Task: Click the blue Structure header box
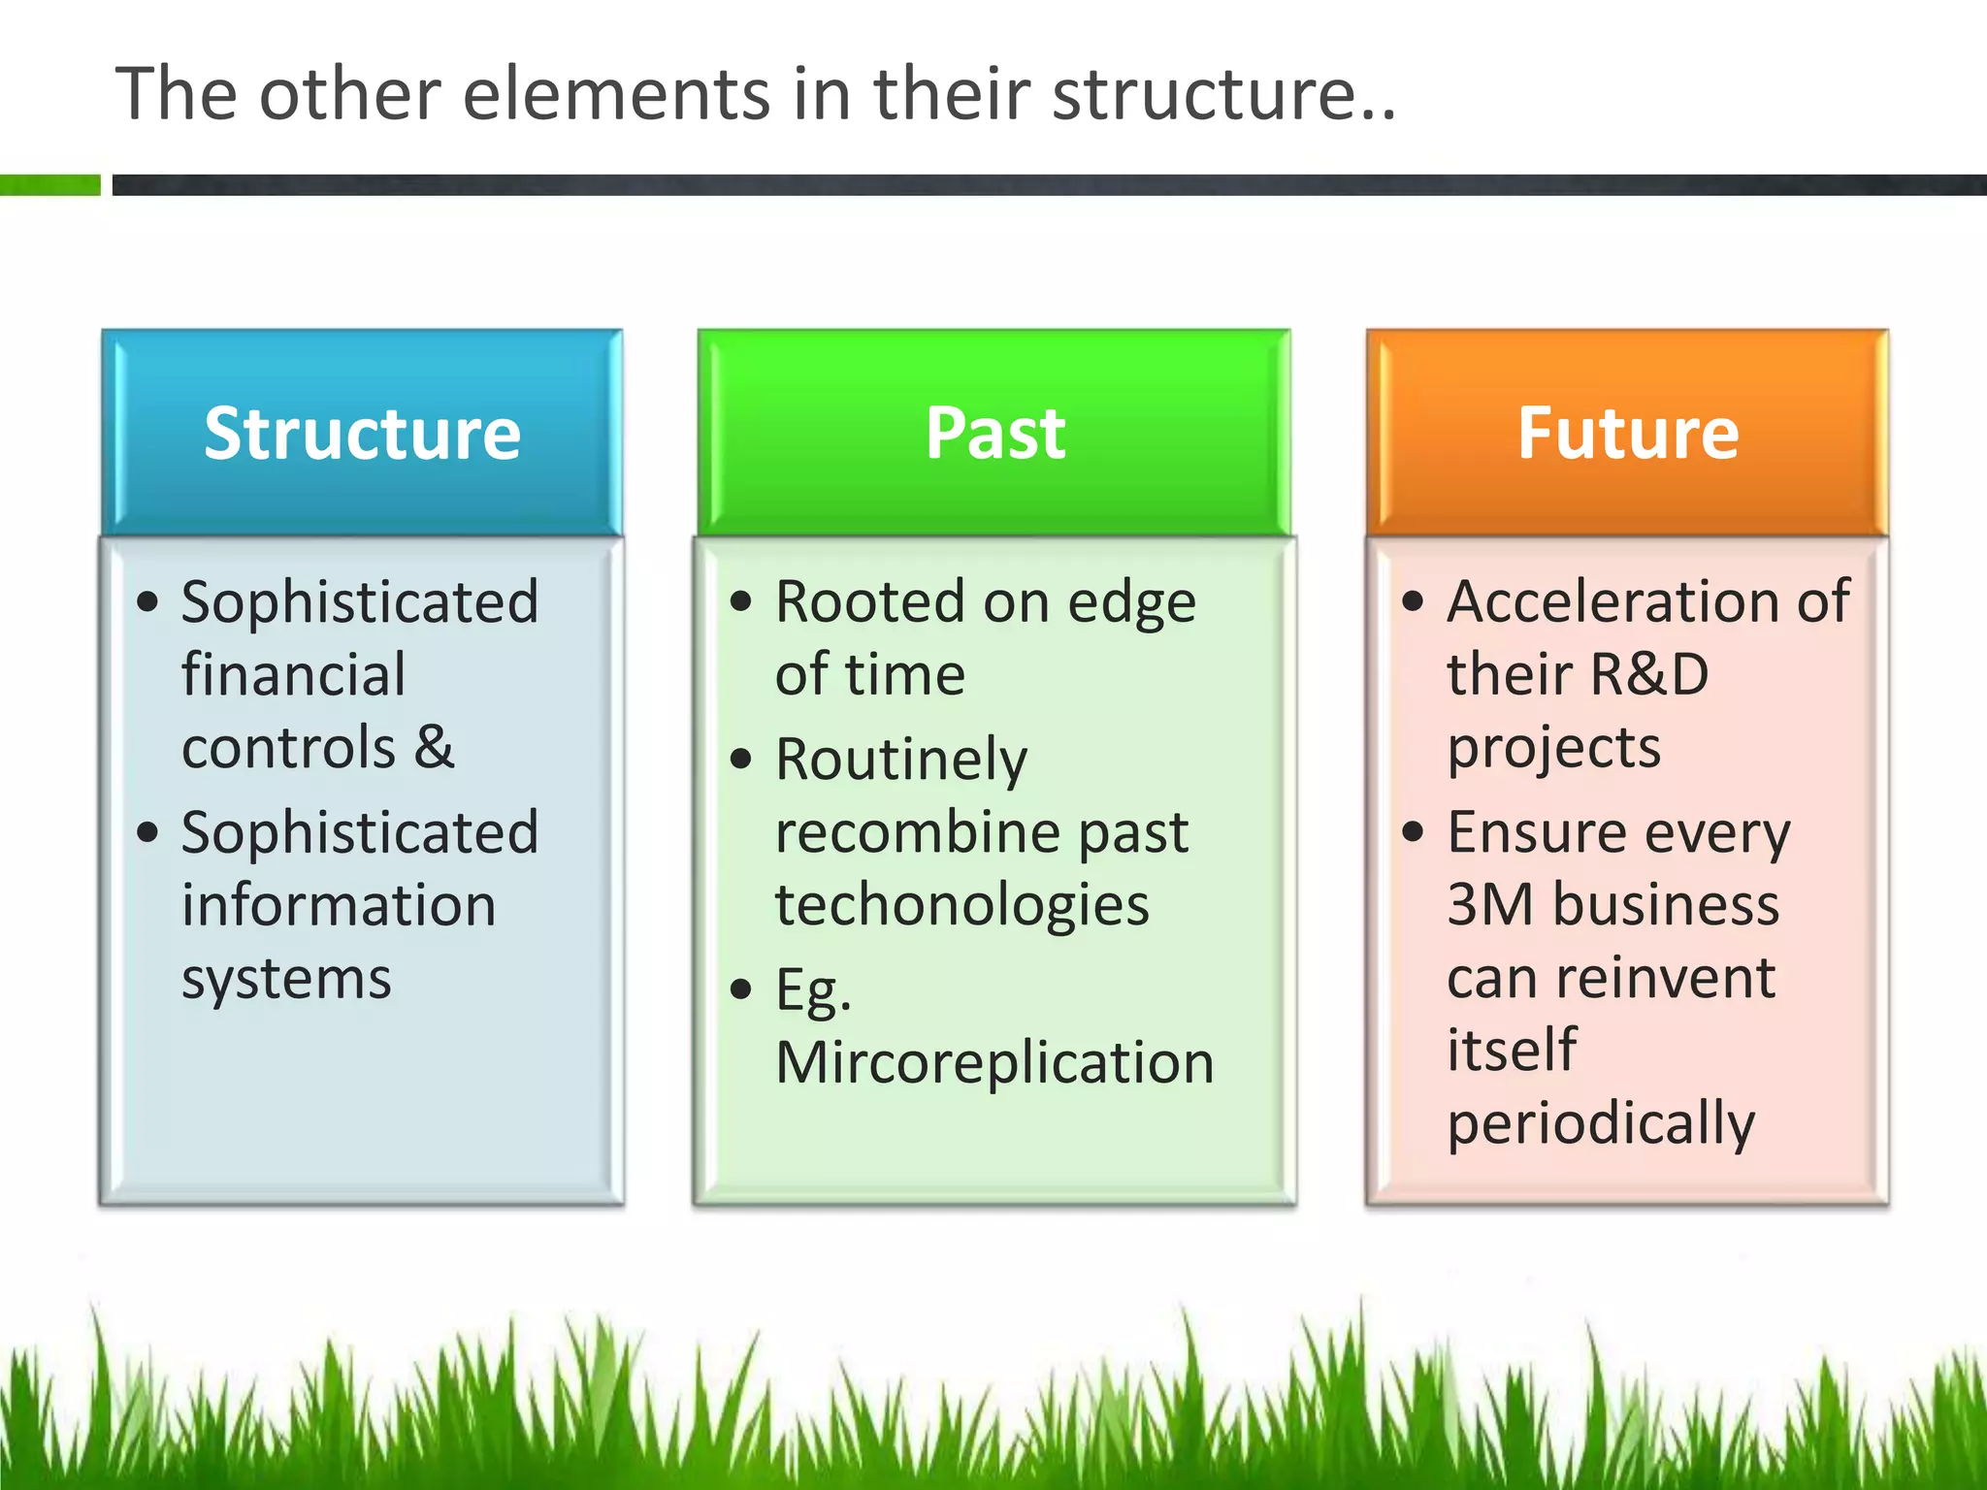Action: tap(362, 433)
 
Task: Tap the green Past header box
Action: tap(994, 433)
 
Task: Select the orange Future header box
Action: tap(1627, 433)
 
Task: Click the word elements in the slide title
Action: tap(616, 94)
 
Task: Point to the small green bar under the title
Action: tap(49, 184)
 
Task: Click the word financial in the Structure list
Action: tap(293, 675)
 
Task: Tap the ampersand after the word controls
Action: tap(435, 748)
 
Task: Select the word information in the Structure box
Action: tap(339, 905)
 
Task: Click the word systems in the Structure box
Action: tap(286, 979)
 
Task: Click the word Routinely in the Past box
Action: tap(901, 760)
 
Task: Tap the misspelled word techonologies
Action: tap(961, 905)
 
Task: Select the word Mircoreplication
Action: tap(994, 1063)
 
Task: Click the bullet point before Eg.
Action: tap(741, 988)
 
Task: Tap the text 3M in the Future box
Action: tap(1490, 905)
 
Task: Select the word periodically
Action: tap(1601, 1124)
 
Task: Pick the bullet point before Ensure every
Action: tap(1413, 831)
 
